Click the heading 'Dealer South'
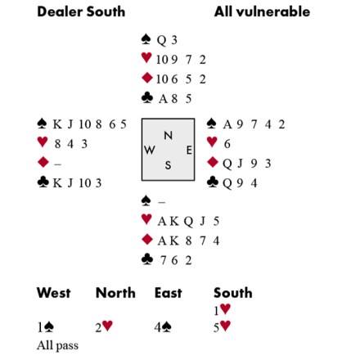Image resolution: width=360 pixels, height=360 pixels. click(x=81, y=11)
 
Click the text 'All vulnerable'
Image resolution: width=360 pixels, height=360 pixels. click(x=262, y=11)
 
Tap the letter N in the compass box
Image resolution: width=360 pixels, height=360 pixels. click(x=168, y=136)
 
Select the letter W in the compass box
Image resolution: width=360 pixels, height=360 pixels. click(x=150, y=150)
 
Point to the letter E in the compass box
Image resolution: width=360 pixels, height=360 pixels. click(x=189, y=150)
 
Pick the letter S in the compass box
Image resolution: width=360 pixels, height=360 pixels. click(x=168, y=165)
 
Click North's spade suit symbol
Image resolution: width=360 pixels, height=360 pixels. click(x=146, y=39)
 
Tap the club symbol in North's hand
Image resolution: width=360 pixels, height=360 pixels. click(x=147, y=98)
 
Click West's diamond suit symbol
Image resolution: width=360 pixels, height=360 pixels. click(x=43, y=162)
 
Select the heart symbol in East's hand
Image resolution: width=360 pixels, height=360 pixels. click(x=212, y=142)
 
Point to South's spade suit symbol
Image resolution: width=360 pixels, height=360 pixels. click(x=146, y=201)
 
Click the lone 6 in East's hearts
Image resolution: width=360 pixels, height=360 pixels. click(x=227, y=144)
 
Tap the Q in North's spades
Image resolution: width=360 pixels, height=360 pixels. click(x=161, y=41)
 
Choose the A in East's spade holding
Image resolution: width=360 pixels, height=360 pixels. click(x=227, y=124)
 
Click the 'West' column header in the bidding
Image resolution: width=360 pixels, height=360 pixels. click(x=54, y=293)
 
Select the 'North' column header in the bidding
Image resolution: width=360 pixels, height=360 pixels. click(x=115, y=293)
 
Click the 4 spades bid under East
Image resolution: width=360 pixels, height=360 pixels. click(x=163, y=327)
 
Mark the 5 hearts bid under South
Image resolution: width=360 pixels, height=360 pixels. click(x=222, y=326)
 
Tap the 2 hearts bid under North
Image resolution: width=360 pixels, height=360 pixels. click(x=104, y=326)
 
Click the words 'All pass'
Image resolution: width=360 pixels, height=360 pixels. click(x=57, y=345)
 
